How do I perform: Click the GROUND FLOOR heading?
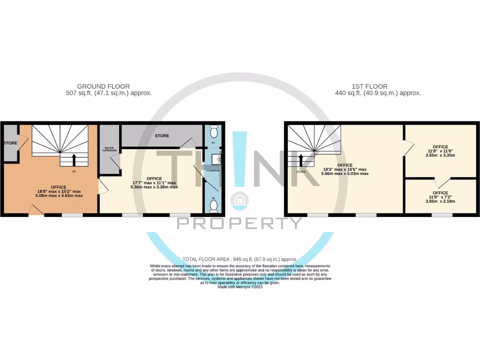(x=103, y=86)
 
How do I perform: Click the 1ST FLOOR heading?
(x=369, y=86)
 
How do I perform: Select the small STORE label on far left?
(x=10, y=142)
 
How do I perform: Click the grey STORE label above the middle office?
(x=162, y=136)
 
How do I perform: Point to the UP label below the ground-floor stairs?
(x=74, y=172)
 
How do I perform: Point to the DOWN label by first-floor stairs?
(x=301, y=172)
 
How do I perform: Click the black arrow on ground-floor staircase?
(x=74, y=160)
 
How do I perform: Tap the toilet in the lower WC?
(x=214, y=205)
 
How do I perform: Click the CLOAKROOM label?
(x=214, y=171)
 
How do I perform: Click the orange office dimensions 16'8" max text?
(x=59, y=191)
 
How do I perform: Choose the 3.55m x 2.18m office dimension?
(x=440, y=202)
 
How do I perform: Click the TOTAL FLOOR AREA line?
(x=240, y=259)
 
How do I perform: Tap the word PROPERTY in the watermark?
(x=240, y=223)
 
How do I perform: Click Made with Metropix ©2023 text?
(x=240, y=287)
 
